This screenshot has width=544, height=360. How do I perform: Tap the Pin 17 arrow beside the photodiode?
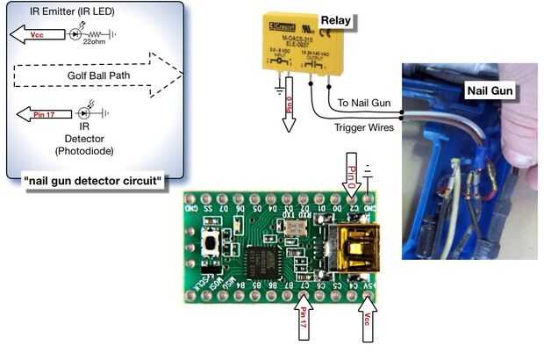43,113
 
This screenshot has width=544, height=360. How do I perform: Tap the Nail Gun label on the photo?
490,88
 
